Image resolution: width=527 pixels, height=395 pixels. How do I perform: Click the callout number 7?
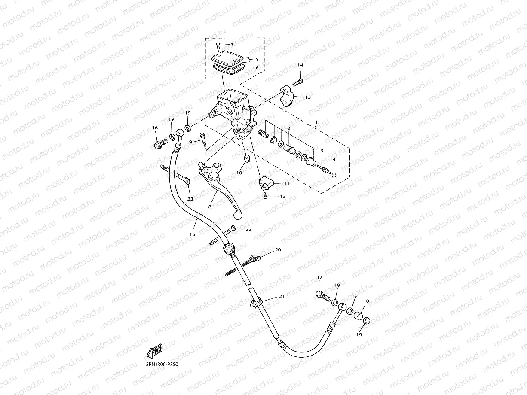(x=232, y=45)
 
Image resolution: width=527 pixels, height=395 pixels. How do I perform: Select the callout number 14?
(x=300, y=64)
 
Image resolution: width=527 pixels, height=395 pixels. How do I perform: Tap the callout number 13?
(x=319, y=97)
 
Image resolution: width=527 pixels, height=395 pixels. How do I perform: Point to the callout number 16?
(x=155, y=128)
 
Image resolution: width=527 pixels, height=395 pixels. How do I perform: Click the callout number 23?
(x=190, y=199)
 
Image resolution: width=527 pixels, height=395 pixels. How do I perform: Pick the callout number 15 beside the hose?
(x=192, y=234)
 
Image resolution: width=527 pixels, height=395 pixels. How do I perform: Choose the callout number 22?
(x=249, y=229)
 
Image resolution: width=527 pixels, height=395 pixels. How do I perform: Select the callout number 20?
(x=278, y=249)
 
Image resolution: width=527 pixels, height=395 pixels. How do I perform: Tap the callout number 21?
(x=282, y=296)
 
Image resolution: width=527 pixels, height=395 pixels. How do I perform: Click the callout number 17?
(x=319, y=278)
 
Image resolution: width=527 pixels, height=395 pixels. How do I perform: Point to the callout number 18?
(x=366, y=301)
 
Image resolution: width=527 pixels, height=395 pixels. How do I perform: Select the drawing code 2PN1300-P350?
(x=162, y=365)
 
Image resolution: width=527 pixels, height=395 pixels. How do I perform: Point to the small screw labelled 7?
(x=218, y=45)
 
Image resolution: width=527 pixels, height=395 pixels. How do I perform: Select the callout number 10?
(x=239, y=173)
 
